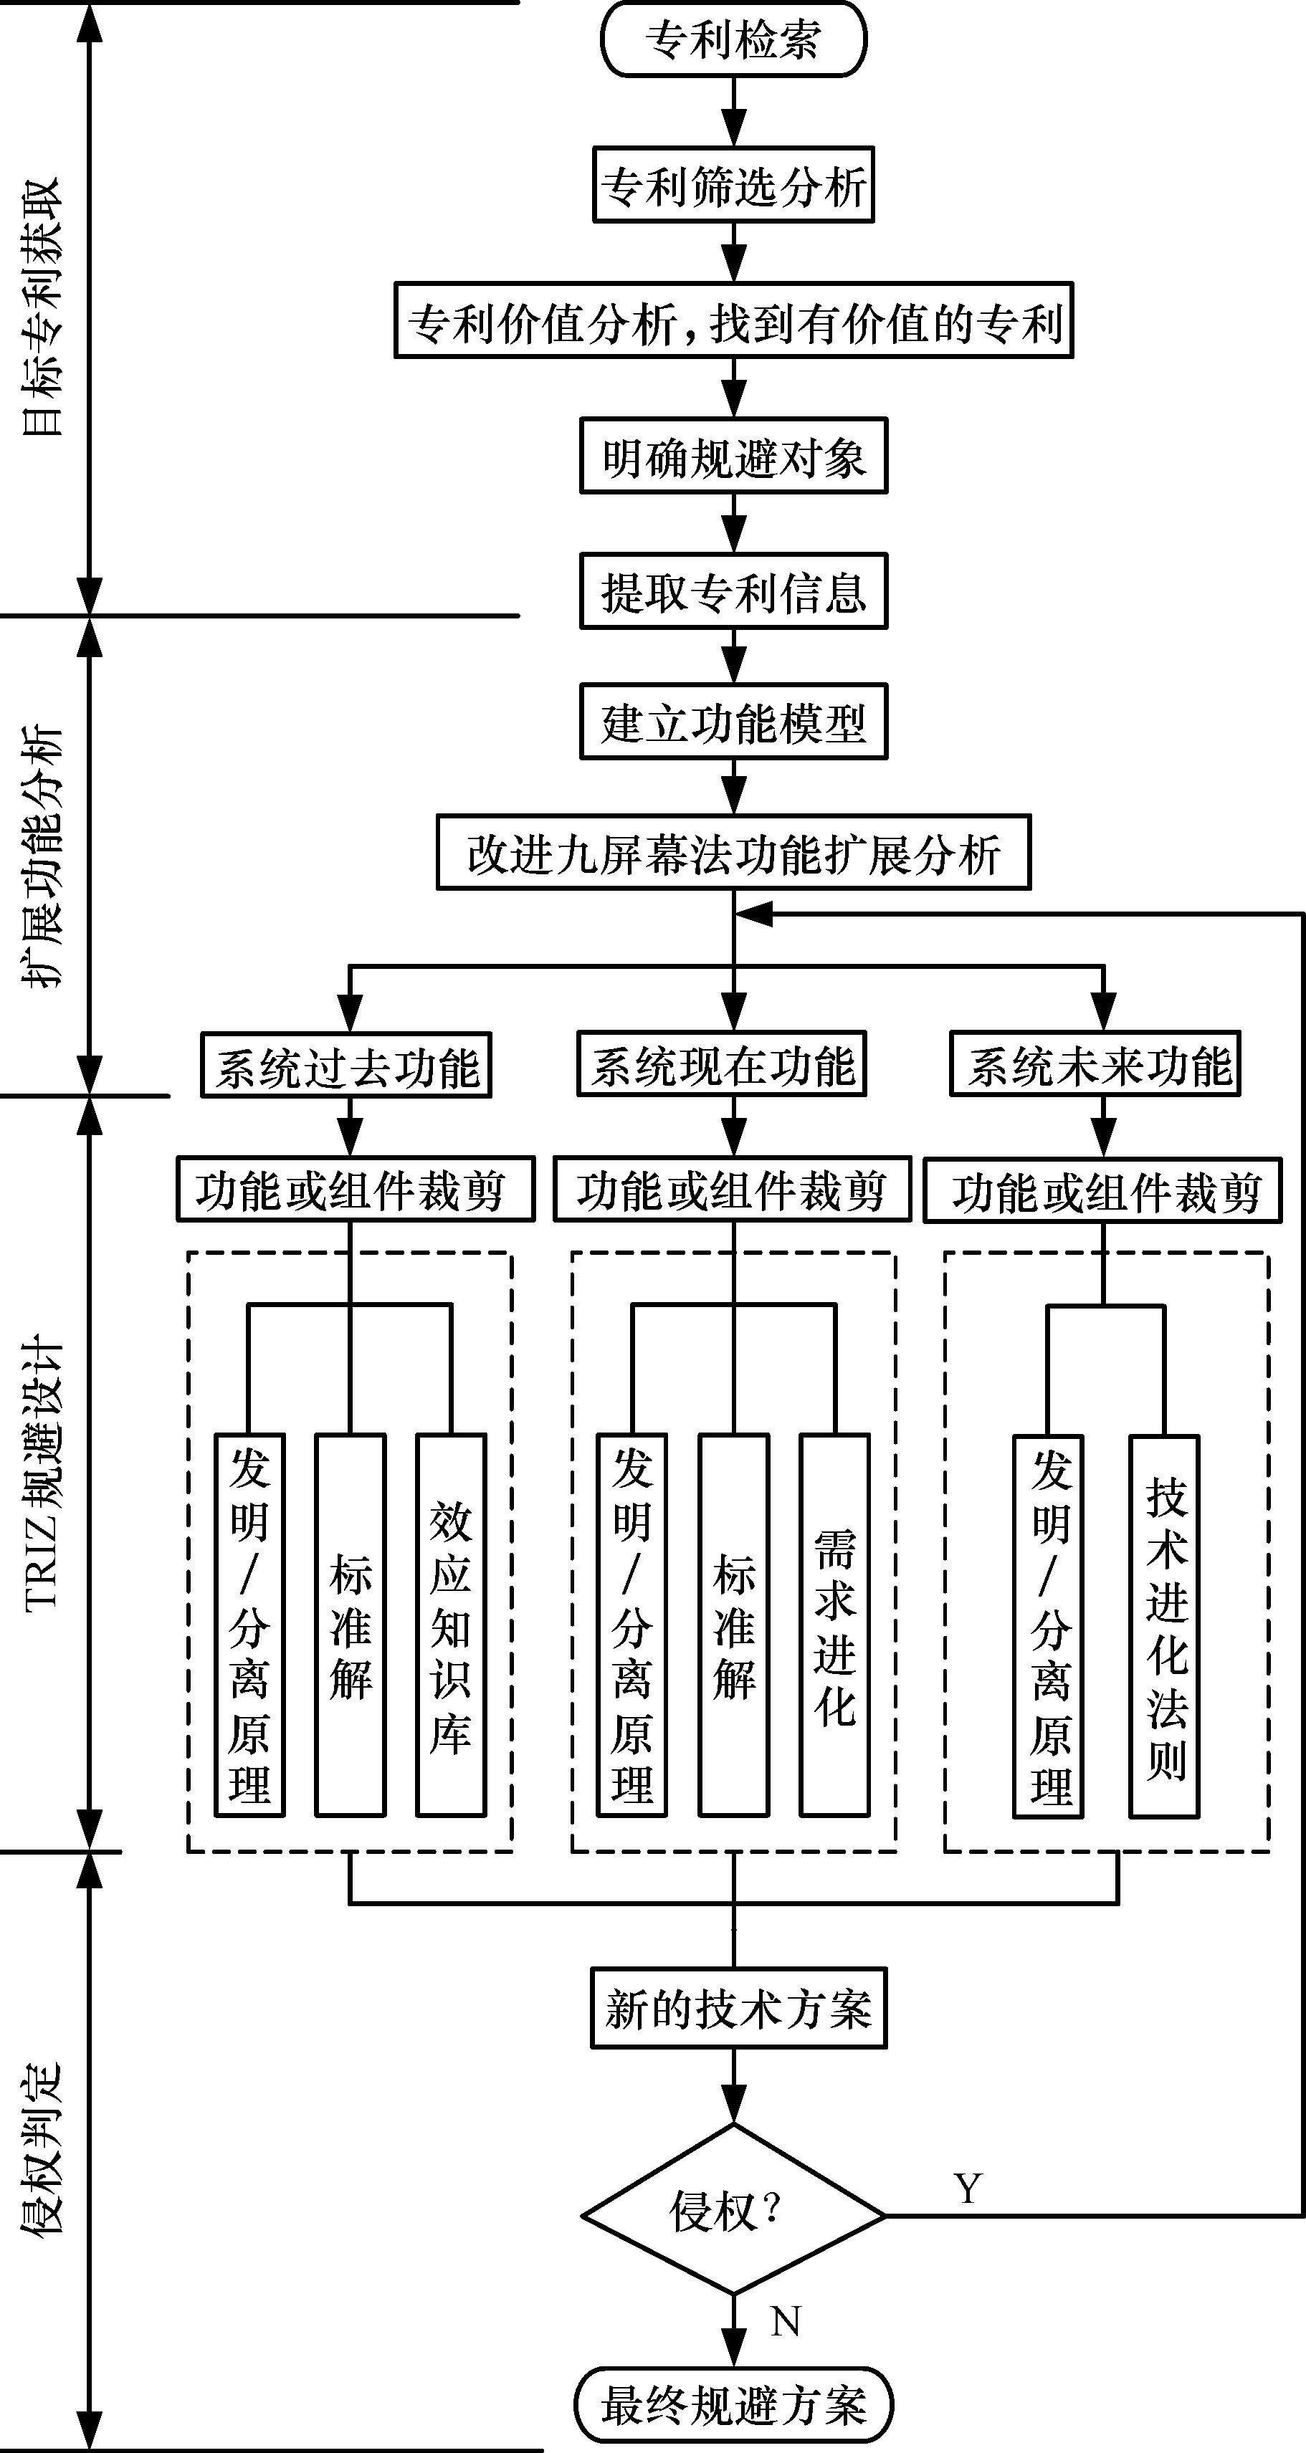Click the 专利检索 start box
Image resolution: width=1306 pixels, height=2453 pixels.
coord(733,40)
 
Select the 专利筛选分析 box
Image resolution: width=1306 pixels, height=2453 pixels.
coord(733,185)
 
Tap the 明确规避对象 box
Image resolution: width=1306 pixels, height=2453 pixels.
coord(733,456)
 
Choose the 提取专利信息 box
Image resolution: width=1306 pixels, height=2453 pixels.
coord(733,591)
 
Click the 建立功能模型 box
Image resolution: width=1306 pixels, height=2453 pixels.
coord(733,722)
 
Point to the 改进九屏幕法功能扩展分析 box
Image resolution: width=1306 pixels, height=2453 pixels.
coord(733,852)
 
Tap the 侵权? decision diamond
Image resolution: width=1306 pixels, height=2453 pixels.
coord(733,2216)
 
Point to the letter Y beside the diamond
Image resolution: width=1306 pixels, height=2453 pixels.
coord(968,2187)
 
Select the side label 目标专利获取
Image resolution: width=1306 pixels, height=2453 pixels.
coord(43,307)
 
